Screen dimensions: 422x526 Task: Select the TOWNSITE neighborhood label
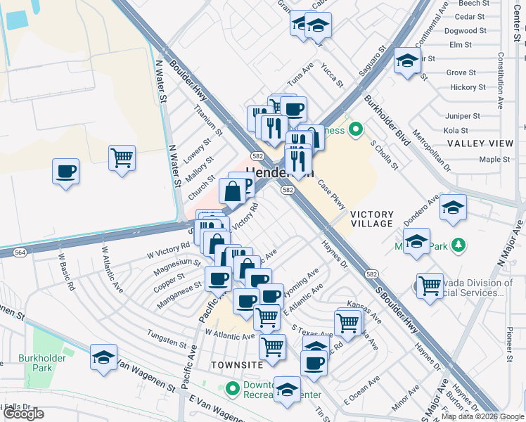tap(236, 365)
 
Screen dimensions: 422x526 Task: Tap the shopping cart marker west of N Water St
tap(122, 158)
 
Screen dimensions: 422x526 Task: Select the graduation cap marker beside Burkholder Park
tap(103, 357)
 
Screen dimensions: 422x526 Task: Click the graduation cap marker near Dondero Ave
tap(454, 207)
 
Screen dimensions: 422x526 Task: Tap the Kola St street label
tap(456, 131)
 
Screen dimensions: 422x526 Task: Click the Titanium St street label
tap(208, 122)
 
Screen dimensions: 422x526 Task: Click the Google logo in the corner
tap(24, 414)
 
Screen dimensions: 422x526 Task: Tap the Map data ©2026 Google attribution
tap(482, 416)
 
